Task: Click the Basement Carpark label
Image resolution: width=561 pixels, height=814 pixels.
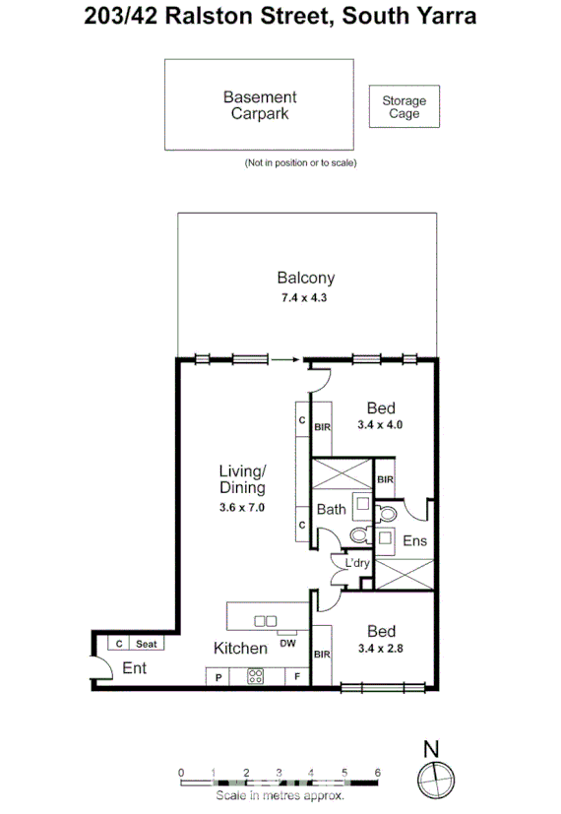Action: coord(259,104)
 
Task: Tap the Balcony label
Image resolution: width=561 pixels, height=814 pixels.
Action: coord(305,279)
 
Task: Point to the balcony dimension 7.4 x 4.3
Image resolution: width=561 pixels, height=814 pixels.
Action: coord(305,297)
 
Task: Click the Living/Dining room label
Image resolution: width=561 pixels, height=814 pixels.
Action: coord(242,479)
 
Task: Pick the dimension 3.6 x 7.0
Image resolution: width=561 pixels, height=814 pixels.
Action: coord(242,507)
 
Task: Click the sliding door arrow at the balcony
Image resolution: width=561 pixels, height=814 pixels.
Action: coord(284,360)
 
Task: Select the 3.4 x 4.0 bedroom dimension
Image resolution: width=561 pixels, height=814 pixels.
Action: coord(380,425)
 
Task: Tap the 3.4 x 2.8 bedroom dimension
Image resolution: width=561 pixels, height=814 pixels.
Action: coord(380,650)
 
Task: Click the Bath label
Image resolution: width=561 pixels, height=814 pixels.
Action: coord(331,509)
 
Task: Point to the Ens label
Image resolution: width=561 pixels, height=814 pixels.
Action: coord(414,540)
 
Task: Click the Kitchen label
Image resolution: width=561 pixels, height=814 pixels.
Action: coord(241,649)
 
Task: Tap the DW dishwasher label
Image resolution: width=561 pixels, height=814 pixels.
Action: coord(288,643)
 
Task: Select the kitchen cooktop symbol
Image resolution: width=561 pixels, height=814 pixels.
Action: coord(256,676)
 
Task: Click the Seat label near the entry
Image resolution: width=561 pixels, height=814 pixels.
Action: coord(146,644)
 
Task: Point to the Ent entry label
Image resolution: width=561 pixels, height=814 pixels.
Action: coord(135,669)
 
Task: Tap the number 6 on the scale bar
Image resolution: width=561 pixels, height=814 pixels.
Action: coord(377,773)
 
